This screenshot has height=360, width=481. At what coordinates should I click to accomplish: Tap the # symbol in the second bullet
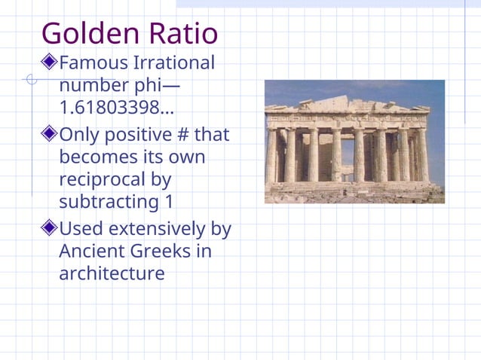(179, 136)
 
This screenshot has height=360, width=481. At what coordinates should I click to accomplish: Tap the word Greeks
(167, 250)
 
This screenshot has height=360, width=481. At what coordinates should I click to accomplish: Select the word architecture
(112, 273)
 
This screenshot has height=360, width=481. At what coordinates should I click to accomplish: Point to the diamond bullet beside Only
(50, 136)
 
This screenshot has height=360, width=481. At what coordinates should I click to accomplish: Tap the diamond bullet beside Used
(50, 227)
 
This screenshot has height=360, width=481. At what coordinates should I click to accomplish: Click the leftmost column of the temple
(271, 155)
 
